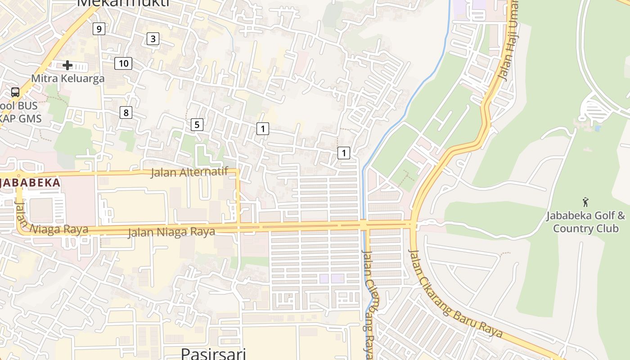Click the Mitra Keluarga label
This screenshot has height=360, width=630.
[67, 78]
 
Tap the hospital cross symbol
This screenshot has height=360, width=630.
[67, 65]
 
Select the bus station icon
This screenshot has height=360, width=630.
[15, 92]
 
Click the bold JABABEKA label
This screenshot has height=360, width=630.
[30, 183]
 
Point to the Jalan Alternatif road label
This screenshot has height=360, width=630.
[189, 172]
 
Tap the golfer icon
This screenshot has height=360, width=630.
[585, 202]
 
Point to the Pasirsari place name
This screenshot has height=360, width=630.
[213, 353]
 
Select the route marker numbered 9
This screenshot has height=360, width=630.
[99, 29]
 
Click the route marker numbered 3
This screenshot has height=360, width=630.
[153, 39]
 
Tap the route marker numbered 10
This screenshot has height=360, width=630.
[123, 63]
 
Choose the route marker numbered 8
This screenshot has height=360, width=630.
[126, 112]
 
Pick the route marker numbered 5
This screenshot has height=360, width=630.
[197, 125]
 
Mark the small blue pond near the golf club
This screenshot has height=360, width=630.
[597, 128]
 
